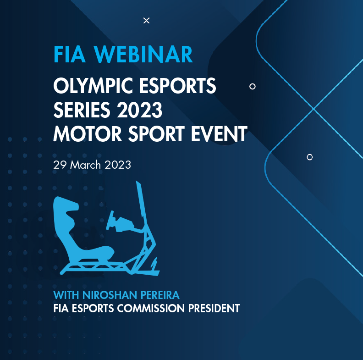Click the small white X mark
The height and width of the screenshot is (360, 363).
[146, 20]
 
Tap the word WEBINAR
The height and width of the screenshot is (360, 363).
[144, 55]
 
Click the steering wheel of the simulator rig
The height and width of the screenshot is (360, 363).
[111, 219]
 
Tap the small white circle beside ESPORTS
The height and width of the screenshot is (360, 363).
[252, 86]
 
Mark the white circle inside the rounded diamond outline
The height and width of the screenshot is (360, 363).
[309, 157]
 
